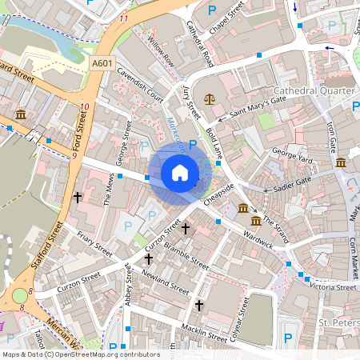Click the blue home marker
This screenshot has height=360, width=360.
tap(180, 172)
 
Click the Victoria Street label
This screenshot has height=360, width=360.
tap(334, 286)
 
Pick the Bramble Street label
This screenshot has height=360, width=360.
tap(187, 255)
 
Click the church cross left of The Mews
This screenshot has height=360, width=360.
tap(78, 196)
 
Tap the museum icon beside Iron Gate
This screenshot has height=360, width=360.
tap(341, 162)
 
